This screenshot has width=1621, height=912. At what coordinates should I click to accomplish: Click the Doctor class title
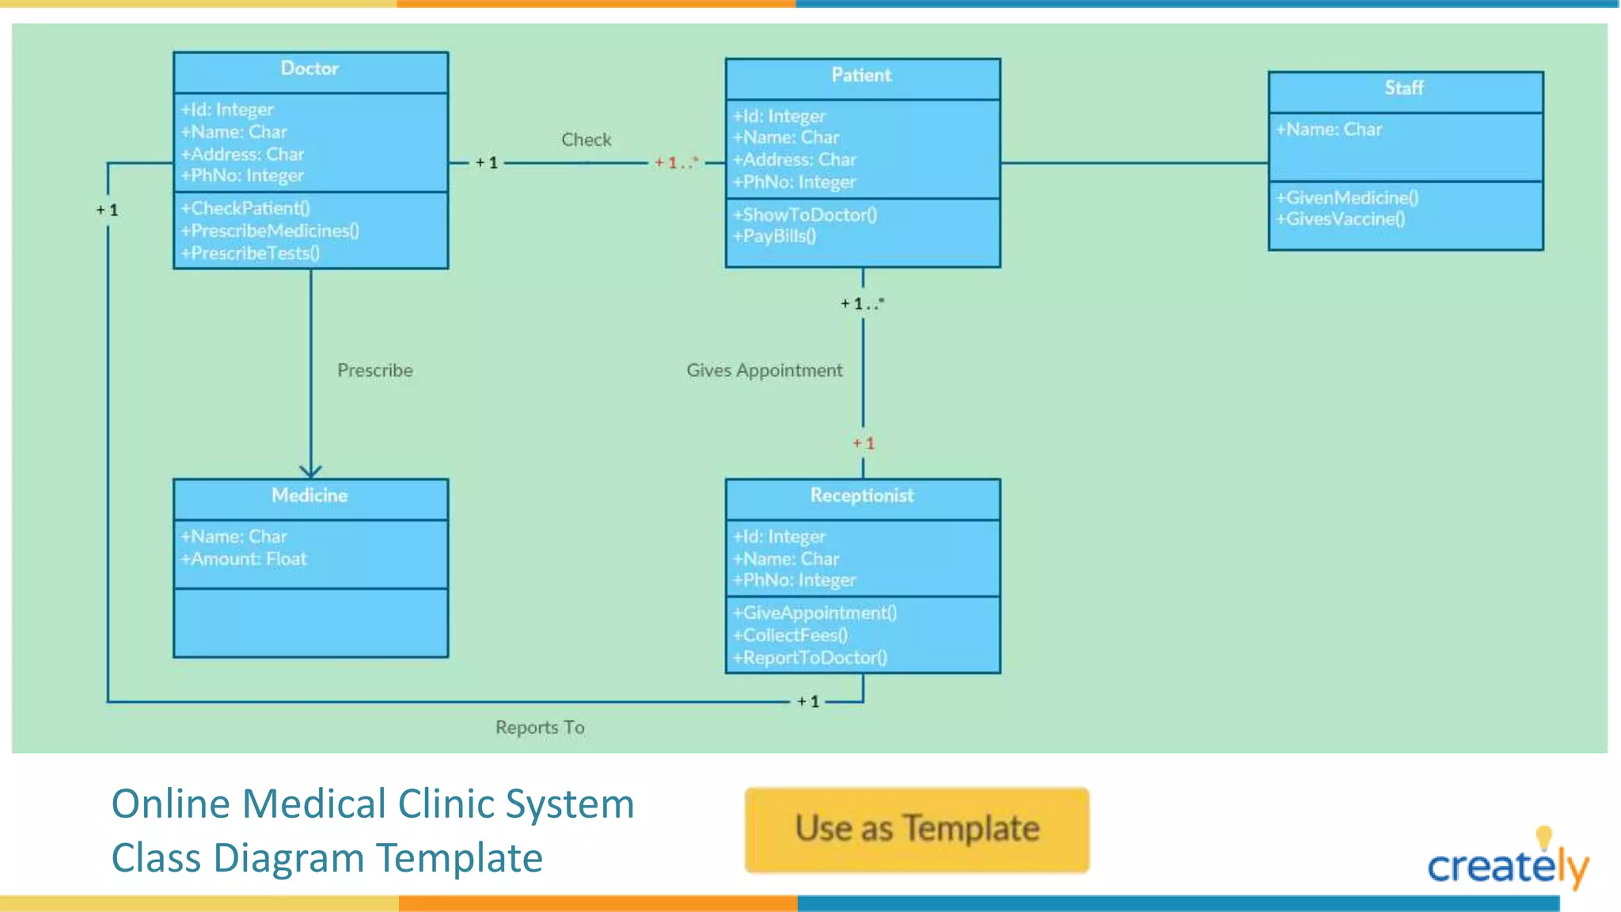(x=309, y=69)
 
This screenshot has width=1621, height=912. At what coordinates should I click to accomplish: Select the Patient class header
(x=861, y=75)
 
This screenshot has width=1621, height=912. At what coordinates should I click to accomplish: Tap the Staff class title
(x=1404, y=88)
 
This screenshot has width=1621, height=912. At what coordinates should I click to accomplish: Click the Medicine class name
(x=309, y=496)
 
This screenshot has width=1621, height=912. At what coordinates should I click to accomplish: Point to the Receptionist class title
(x=861, y=496)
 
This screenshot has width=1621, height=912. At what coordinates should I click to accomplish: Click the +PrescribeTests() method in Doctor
(x=250, y=253)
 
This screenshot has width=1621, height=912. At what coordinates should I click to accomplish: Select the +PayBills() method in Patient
(x=774, y=236)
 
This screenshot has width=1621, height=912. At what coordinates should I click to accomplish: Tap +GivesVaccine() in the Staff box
(x=1340, y=219)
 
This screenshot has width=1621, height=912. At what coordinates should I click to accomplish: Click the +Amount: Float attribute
(x=244, y=559)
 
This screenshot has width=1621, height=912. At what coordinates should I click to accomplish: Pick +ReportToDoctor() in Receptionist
(x=810, y=658)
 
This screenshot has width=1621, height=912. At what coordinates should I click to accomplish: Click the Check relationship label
(x=587, y=140)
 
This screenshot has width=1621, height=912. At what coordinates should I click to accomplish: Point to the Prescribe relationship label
(x=375, y=370)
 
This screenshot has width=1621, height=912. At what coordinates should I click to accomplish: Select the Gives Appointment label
(x=764, y=370)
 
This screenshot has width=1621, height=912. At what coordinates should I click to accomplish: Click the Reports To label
(x=540, y=728)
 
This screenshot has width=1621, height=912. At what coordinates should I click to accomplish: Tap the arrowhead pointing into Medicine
(x=310, y=471)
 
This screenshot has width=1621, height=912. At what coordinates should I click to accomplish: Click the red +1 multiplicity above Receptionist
(x=864, y=443)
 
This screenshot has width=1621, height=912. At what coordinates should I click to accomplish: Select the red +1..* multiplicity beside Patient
(x=676, y=163)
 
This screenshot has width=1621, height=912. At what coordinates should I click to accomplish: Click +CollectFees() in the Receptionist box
(x=790, y=636)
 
